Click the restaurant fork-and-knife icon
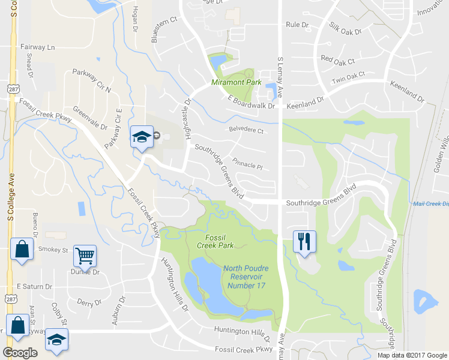tap(304, 242)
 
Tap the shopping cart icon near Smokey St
tap(85, 256)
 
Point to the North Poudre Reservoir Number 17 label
tap(246, 277)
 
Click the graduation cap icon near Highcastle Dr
tap(142, 137)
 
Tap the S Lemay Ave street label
tap(280, 72)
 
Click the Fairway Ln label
tap(37, 47)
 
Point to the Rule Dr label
tap(297, 25)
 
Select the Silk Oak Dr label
tap(346, 28)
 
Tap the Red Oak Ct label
tap(338, 59)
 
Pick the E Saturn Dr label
tap(34, 287)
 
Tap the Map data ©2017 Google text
tap(411, 355)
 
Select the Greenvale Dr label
tap(90, 118)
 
